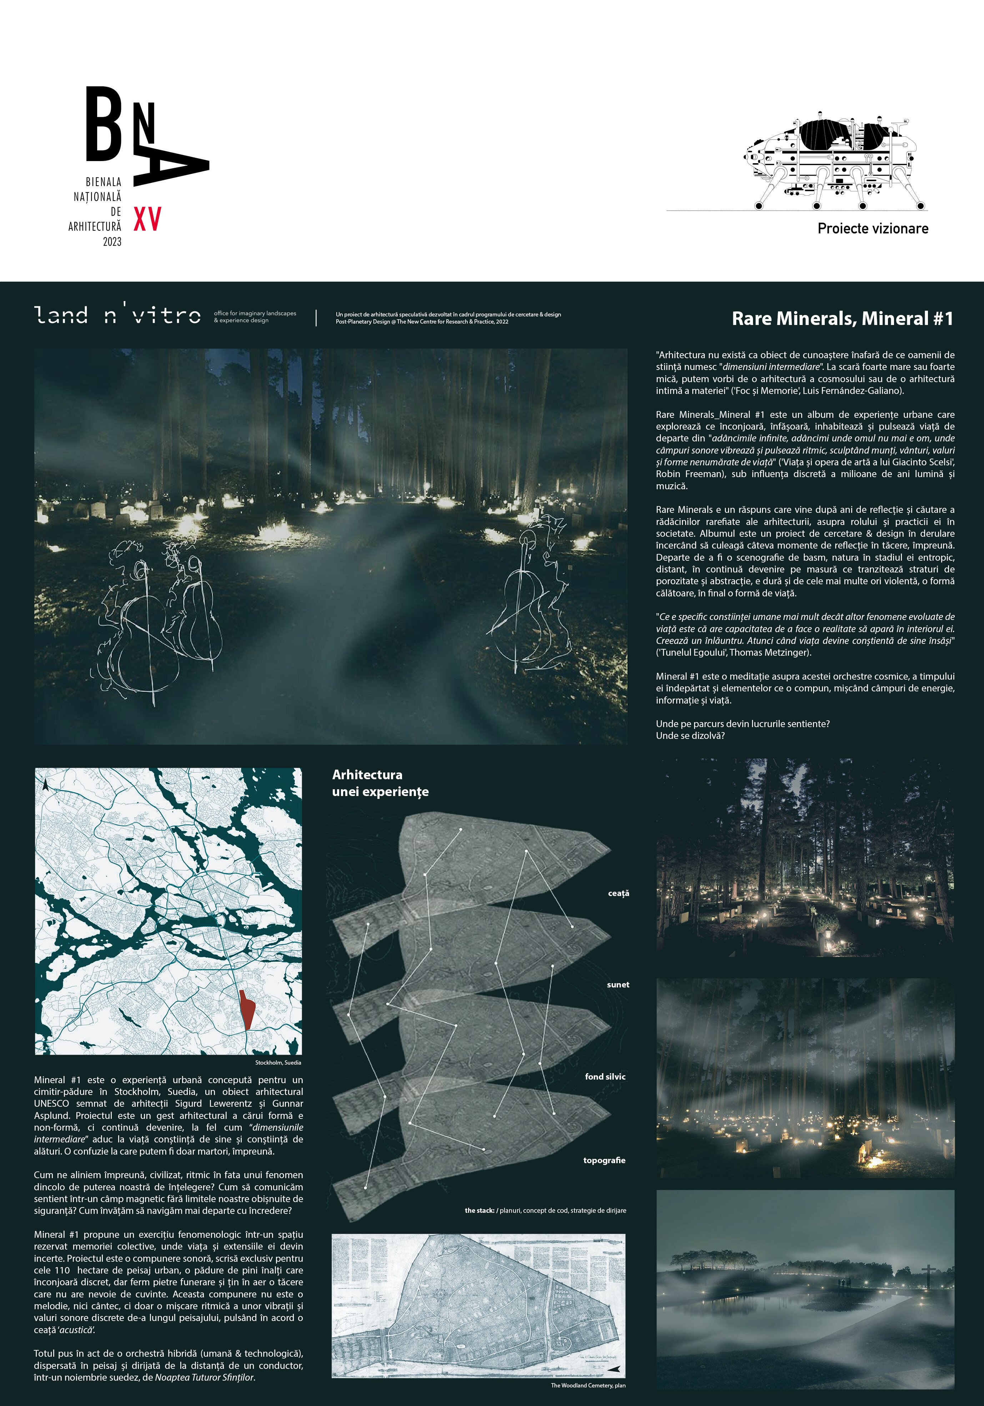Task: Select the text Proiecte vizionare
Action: [873, 229]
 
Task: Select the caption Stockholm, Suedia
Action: [278, 1062]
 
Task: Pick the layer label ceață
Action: [618, 894]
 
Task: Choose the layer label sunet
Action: [618, 985]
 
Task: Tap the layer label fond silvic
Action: [605, 1076]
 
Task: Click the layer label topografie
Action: [604, 1160]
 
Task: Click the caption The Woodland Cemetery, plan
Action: [588, 1385]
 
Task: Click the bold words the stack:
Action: [480, 1211]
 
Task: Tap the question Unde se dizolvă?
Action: [690, 735]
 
